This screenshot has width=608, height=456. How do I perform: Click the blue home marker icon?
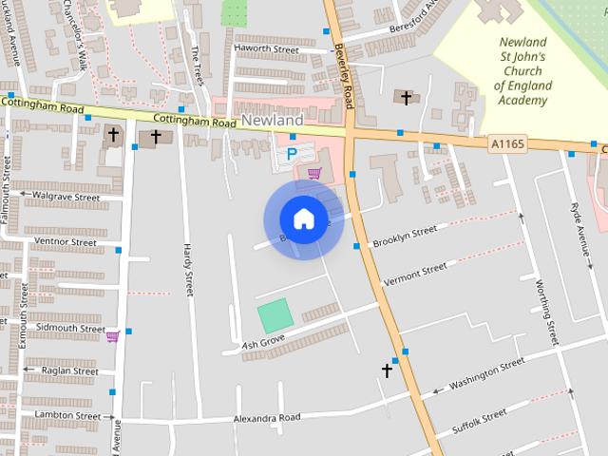click(x=303, y=218)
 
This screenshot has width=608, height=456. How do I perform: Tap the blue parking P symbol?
click(x=292, y=153)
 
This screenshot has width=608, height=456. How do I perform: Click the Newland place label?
click(x=273, y=121)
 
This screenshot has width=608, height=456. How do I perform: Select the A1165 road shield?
click(x=507, y=142)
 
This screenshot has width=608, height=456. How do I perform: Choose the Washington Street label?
click(x=486, y=373)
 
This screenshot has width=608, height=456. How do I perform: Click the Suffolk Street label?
click(x=480, y=423)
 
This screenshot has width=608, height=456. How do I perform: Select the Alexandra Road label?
click(x=267, y=418)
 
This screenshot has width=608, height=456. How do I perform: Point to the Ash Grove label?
click(x=263, y=341)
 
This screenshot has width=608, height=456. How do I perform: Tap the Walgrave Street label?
click(x=66, y=197)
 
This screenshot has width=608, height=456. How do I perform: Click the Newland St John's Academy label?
click(x=522, y=71)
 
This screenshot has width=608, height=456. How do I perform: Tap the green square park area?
click(x=274, y=315)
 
